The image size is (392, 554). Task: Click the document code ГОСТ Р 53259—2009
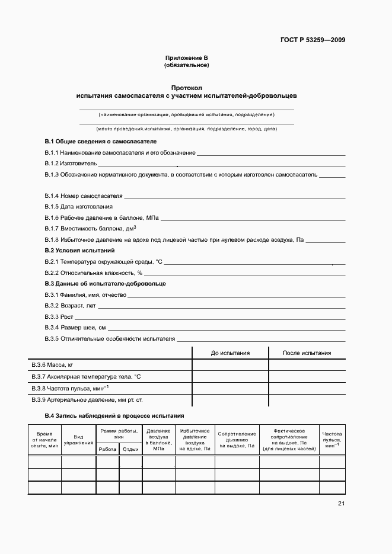point(313,40)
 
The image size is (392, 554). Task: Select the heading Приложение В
point(187,58)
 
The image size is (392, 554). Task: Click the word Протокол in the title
point(187,87)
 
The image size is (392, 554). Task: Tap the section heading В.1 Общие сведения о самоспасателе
point(101,142)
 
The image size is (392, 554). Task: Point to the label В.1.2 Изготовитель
point(71,164)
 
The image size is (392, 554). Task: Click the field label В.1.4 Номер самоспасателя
point(83,196)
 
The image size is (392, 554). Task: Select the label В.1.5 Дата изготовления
point(78,206)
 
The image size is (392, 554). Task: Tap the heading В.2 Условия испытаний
point(80,250)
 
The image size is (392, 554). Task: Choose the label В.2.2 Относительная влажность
point(94,273)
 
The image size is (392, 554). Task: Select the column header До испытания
point(230,353)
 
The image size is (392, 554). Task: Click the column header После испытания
point(307,353)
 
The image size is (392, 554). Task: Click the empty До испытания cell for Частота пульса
point(230,388)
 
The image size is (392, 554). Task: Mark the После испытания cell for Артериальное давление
point(307,400)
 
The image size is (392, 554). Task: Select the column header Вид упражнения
point(78,440)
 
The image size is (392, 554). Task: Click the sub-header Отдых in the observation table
point(130,450)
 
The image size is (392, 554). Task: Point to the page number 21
point(341,504)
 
